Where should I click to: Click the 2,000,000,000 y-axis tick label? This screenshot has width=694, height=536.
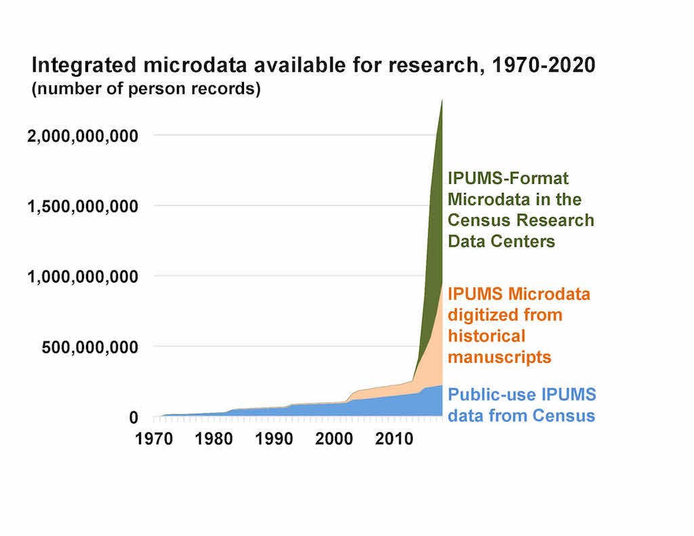click(x=83, y=136)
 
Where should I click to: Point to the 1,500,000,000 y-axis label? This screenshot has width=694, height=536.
click(x=83, y=206)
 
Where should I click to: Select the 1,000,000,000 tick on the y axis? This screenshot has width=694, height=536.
click(x=83, y=277)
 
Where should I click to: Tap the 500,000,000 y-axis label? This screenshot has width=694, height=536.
click(x=90, y=348)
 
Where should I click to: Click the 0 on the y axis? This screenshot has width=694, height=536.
click(x=134, y=417)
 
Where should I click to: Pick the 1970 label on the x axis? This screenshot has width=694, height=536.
click(x=154, y=438)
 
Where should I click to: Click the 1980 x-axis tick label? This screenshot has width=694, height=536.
click(x=213, y=438)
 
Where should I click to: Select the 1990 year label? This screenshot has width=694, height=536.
click(x=274, y=438)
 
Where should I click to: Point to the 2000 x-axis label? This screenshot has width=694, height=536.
click(x=334, y=438)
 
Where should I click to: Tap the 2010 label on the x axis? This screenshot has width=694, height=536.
click(x=394, y=438)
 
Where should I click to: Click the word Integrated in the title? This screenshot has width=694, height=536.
click(x=84, y=66)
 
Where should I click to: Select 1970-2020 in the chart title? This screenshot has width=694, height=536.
click(x=544, y=64)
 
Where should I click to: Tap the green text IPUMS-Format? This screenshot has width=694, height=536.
click(x=508, y=178)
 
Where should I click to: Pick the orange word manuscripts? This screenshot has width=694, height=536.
click(x=499, y=357)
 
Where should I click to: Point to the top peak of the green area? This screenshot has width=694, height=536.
click(x=442, y=100)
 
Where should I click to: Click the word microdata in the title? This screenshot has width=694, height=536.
click(x=195, y=64)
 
